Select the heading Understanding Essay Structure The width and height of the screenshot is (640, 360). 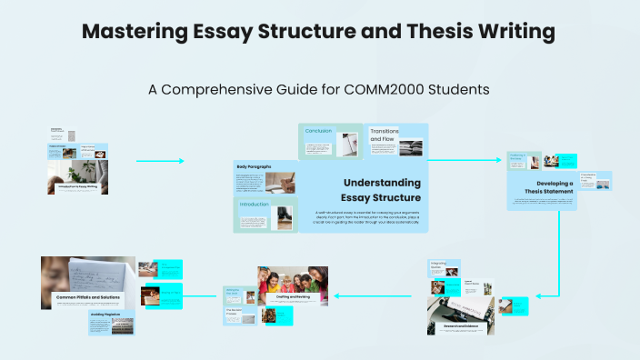(381, 189)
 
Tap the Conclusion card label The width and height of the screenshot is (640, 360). (318, 131)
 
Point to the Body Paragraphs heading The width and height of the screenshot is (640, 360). (254, 166)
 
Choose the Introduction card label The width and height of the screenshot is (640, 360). (255, 205)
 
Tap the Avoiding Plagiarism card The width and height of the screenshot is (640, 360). (111, 322)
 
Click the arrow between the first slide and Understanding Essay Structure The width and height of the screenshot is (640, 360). (160, 161)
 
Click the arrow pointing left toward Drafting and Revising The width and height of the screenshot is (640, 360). (364, 295)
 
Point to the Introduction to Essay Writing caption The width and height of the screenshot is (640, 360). (79, 185)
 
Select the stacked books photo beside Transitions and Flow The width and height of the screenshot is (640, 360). (410, 146)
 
